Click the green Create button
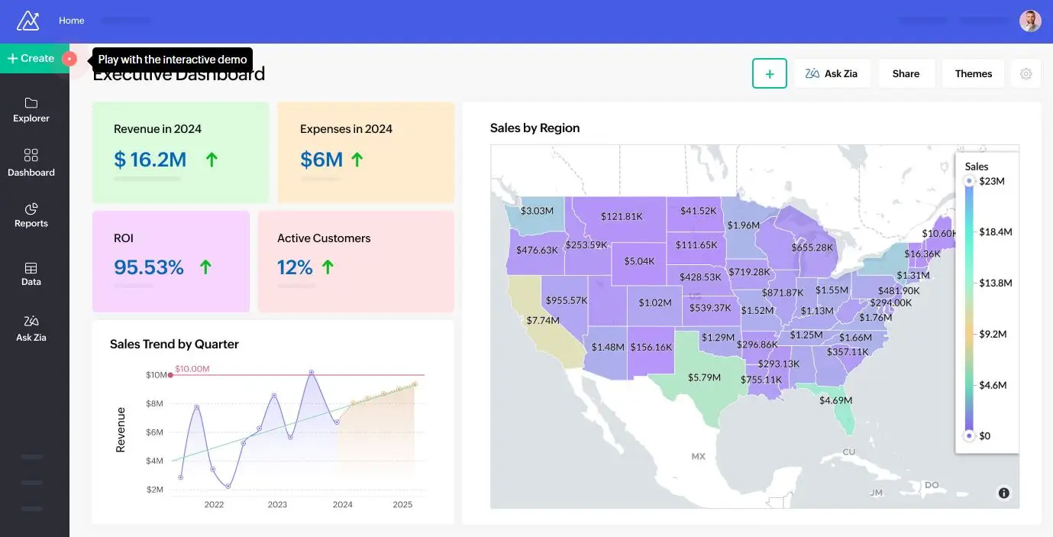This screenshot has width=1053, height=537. pyautogui.click(x=31, y=59)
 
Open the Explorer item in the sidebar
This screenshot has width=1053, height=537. pyautogui.click(x=31, y=109)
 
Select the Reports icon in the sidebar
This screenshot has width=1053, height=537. pyautogui.click(x=31, y=209)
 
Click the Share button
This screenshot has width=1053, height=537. pyautogui.click(x=906, y=73)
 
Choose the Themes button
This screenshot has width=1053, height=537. pyautogui.click(x=973, y=73)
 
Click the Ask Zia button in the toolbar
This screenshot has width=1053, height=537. pyautogui.click(x=832, y=73)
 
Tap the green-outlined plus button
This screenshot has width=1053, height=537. pyautogui.click(x=769, y=73)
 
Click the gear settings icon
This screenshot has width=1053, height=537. pyautogui.click(x=1026, y=73)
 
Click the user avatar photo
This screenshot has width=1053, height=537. pyautogui.click(x=1030, y=21)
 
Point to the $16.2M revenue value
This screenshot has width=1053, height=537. pyautogui.click(x=150, y=160)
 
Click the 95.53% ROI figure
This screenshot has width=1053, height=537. pyautogui.click(x=149, y=267)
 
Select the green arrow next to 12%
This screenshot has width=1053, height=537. pyautogui.click(x=328, y=267)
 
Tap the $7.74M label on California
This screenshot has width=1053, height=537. pyautogui.click(x=543, y=320)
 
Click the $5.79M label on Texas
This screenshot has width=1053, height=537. pyautogui.click(x=704, y=377)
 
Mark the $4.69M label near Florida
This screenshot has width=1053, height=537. pyautogui.click(x=835, y=400)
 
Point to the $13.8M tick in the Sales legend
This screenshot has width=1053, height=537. pyautogui.click(x=995, y=283)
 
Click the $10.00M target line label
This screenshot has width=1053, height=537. pyautogui.click(x=192, y=369)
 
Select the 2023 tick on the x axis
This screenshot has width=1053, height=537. pyautogui.click(x=277, y=504)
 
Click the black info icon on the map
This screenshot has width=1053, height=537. pyautogui.click(x=1003, y=493)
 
